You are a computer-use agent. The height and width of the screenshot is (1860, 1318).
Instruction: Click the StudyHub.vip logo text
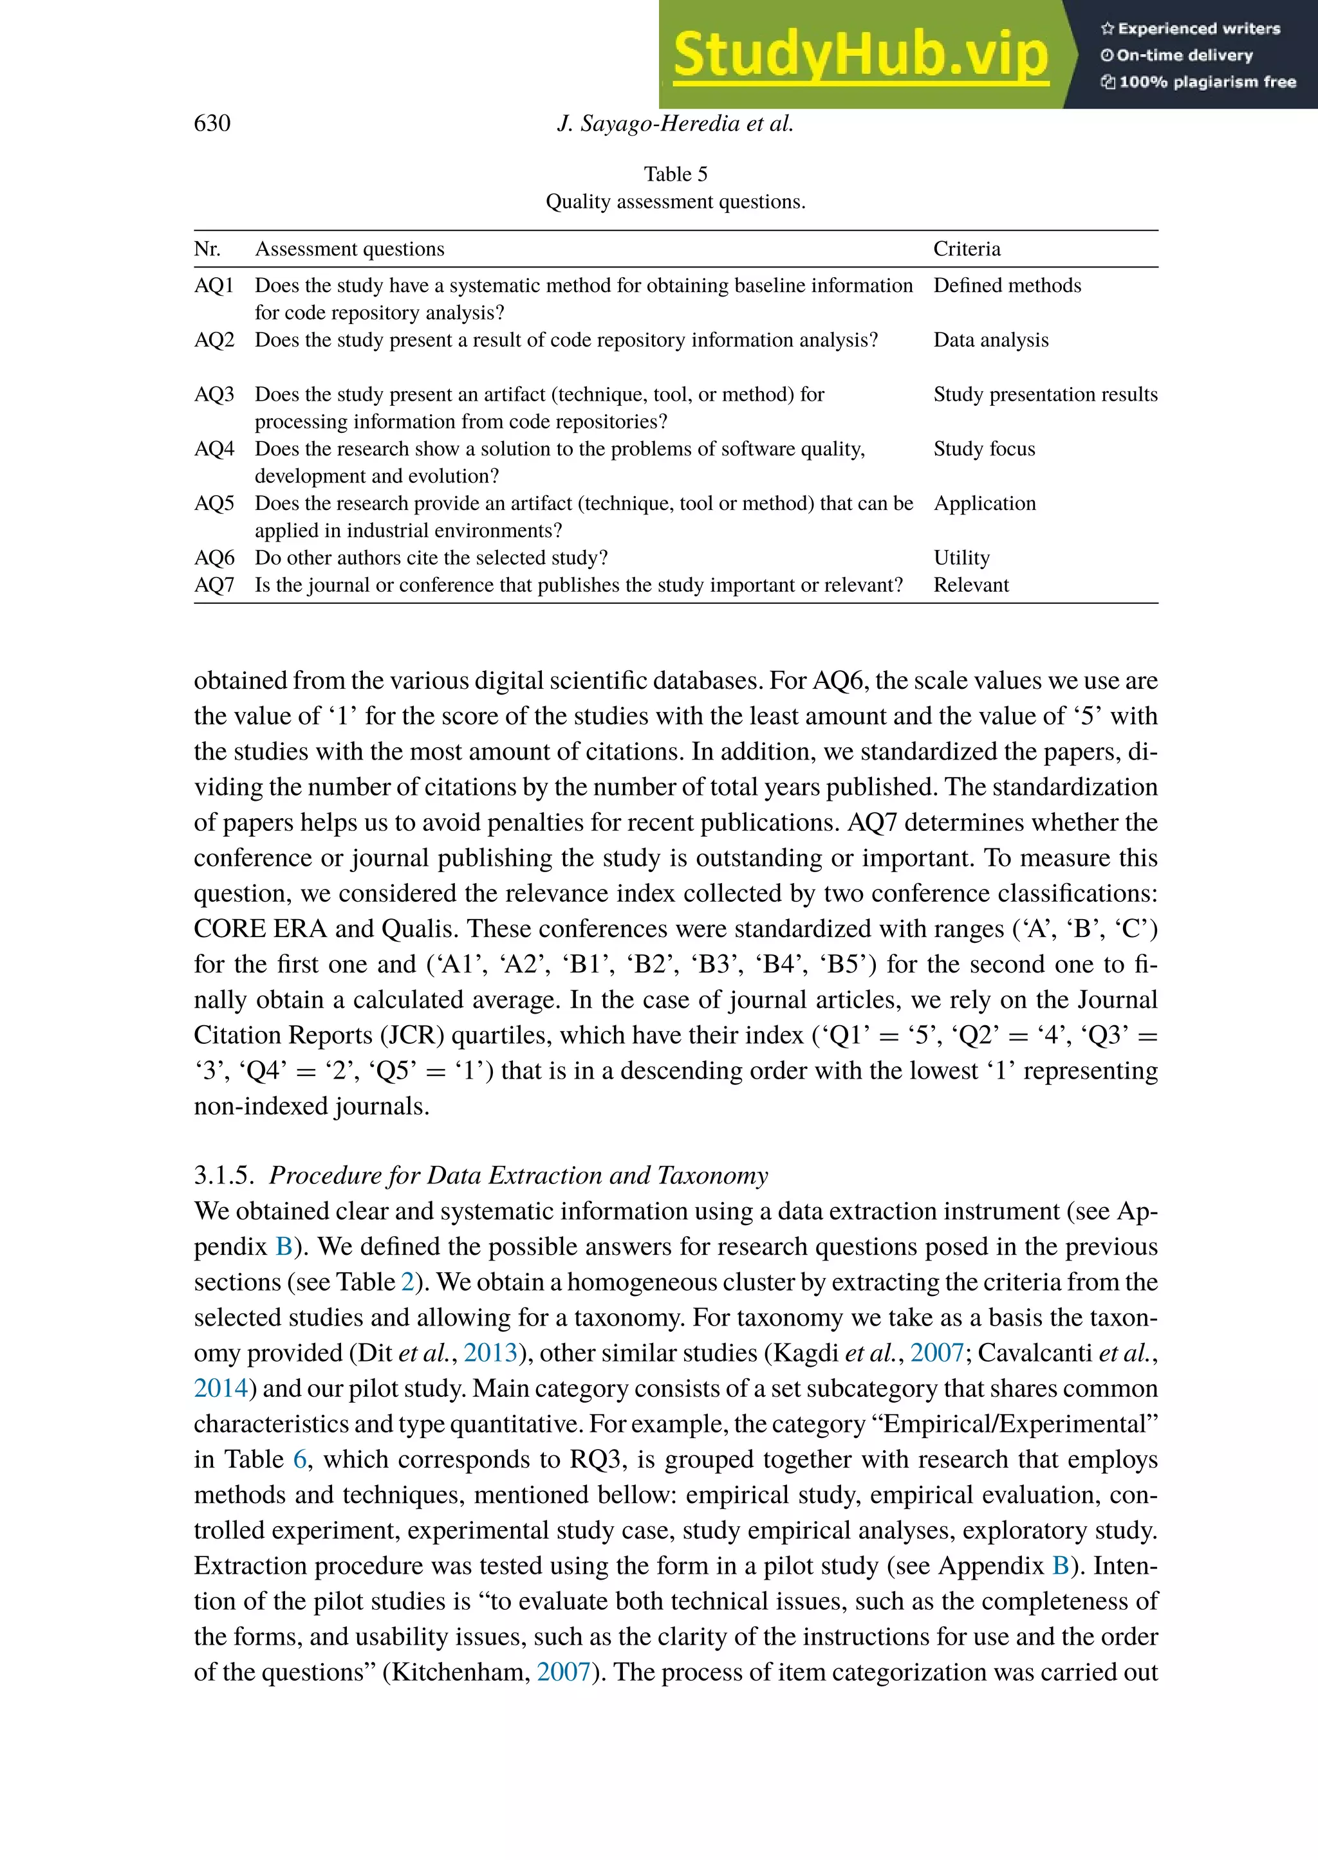tap(860, 55)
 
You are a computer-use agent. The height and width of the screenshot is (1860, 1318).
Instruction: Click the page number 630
tap(212, 123)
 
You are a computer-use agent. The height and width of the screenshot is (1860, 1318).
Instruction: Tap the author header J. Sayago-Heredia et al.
tap(675, 123)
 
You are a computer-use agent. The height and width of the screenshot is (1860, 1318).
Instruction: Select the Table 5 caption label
tap(675, 174)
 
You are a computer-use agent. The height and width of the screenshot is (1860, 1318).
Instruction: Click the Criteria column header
tap(966, 249)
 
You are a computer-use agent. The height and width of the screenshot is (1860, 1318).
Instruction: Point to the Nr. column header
tap(207, 249)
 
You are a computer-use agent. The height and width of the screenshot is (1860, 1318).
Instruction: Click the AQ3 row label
tap(214, 394)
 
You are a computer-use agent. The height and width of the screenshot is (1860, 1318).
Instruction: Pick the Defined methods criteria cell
tap(1007, 286)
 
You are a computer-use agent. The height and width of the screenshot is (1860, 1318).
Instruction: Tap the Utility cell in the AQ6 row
tap(961, 558)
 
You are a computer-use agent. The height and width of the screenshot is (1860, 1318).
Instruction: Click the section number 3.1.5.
tap(224, 1176)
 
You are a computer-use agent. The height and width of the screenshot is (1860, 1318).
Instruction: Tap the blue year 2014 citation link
tap(221, 1388)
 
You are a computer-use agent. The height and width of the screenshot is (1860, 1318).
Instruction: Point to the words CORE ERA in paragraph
tap(260, 928)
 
